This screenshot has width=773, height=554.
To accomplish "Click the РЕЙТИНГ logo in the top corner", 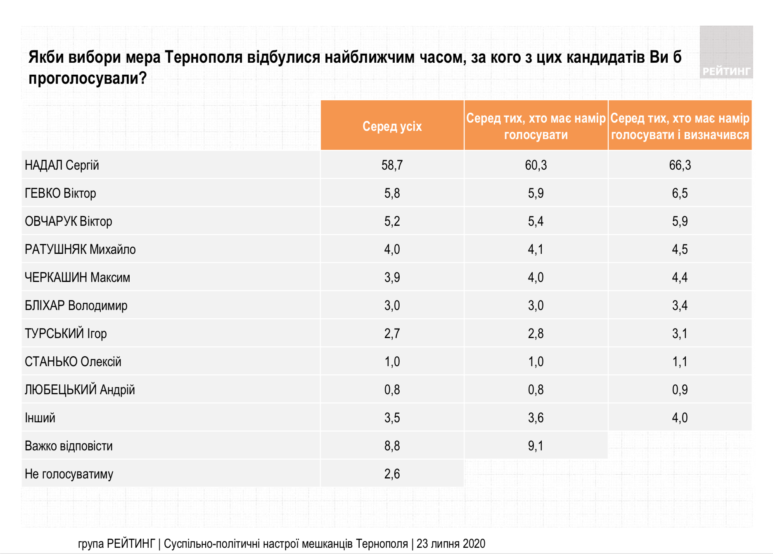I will point(726,53).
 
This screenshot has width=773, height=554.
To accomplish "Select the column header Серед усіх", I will point(392,126).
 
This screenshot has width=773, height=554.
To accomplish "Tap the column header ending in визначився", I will point(680,126).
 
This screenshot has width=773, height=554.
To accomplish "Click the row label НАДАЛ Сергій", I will point(62,165).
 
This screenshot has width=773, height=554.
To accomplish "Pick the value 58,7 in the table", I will point(392,165).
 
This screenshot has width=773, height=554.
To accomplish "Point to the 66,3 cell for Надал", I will point(680,165).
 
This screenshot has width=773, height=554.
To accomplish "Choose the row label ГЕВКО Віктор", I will point(60,193).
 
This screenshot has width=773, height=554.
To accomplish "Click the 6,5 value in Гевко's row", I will point(680,193).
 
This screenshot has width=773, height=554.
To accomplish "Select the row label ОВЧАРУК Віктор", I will point(69,221).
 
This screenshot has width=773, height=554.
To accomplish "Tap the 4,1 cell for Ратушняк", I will point(536,249).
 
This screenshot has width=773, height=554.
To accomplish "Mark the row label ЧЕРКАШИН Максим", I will point(77,277).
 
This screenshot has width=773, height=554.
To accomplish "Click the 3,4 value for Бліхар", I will point(680,305).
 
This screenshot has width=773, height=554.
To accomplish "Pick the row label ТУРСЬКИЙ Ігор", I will point(66,334).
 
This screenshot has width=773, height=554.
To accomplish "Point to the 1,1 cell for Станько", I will point(680,362).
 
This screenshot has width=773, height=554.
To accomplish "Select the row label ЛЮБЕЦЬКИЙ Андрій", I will point(80,390).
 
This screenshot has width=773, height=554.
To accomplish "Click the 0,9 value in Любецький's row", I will point(680,390).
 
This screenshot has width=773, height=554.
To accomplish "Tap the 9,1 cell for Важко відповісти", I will point(536,446).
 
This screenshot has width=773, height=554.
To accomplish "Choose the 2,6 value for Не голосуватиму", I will point(392,474).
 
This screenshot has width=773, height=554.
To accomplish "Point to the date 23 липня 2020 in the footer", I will point(451,544).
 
